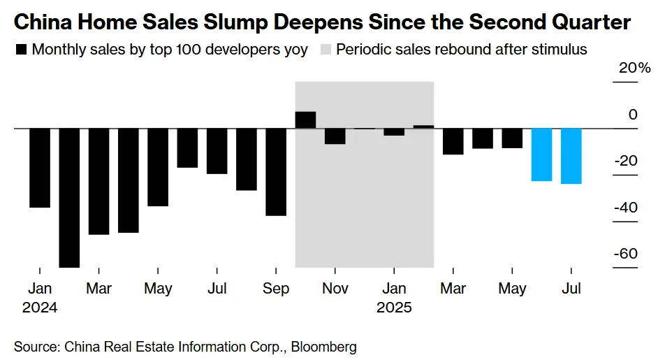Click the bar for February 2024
[x=69, y=198]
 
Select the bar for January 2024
[x=40, y=168]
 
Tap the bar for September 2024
[x=276, y=172]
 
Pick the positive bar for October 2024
[x=306, y=120]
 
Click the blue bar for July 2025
[x=571, y=156]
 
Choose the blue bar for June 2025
[x=542, y=154]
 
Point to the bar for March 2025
[x=453, y=141]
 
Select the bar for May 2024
[x=158, y=167]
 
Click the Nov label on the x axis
[x=335, y=289]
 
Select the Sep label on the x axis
[x=276, y=289]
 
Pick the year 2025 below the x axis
[x=394, y=307]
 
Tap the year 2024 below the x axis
[x=39, y=307]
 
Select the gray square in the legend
[x=326, y=50]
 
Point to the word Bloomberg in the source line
[x=324, y=346]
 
